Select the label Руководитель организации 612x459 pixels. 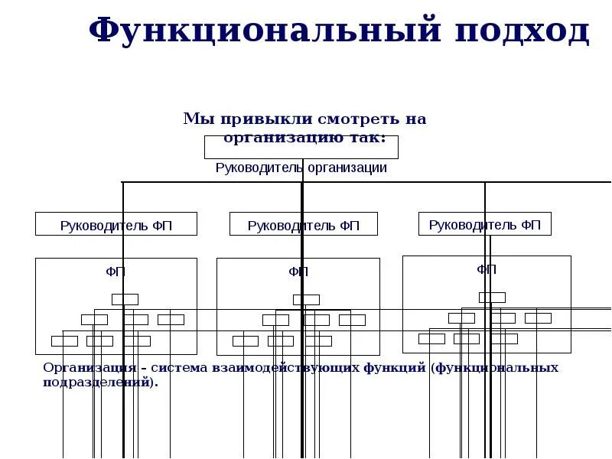point(301,168)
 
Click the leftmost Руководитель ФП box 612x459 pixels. point(116,224)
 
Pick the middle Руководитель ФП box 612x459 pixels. point(304,224)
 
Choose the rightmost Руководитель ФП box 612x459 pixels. point(485,224)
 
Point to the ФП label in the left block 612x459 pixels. point(116,272)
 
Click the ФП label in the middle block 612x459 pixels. point(298,272)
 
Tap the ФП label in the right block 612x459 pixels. point(487,269)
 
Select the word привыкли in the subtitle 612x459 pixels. point(252,119)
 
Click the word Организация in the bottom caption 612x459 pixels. point(83,368)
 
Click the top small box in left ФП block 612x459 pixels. point(125,299)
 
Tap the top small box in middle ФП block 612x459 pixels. point(306,299)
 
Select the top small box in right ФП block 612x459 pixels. point(492,297)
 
